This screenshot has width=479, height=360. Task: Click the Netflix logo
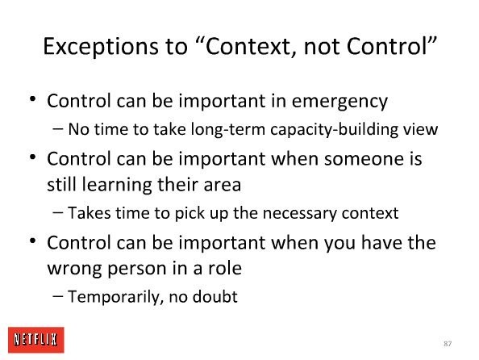point(36,340)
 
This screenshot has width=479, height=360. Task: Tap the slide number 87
point(448,344)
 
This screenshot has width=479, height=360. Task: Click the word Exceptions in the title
point(101,48)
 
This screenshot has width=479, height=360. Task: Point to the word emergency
point(339,103)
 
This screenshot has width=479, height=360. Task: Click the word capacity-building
point(334,130)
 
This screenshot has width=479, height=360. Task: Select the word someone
point(363,159)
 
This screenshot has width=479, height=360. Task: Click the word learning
point(117,186)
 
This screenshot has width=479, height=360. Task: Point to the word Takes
point(90,212)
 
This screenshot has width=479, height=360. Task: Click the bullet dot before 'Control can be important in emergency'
point(33,99)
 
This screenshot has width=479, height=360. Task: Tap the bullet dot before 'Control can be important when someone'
point(33,157)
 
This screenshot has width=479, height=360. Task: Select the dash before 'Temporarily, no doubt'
point(58,296)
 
